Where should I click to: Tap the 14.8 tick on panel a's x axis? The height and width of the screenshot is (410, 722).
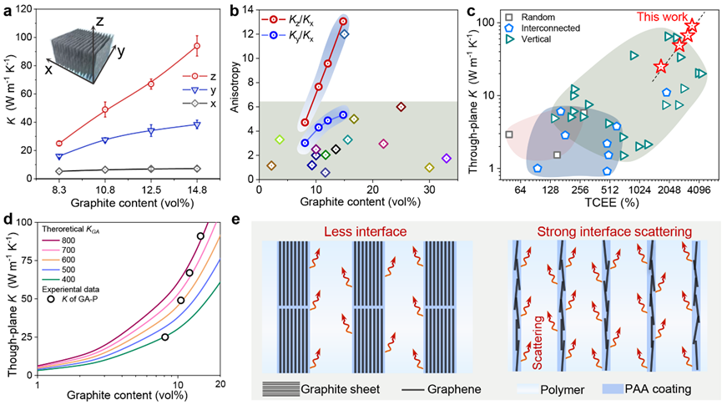pos(197,190)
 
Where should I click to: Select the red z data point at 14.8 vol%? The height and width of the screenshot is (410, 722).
pos(197,47)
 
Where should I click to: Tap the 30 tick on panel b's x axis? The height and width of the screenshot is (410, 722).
pos(429,190)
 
